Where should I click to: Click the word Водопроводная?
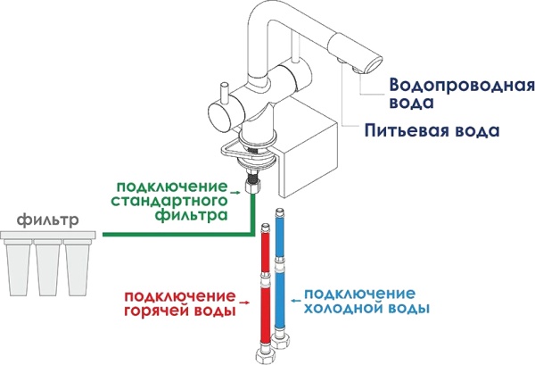[x=461, y=86]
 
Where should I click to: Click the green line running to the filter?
[x=169, y=235]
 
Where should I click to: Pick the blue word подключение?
[x=359, y=294]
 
